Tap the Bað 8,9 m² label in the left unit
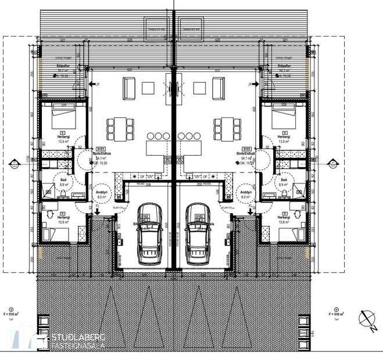(64, 183)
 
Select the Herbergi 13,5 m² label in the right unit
(284, 138)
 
